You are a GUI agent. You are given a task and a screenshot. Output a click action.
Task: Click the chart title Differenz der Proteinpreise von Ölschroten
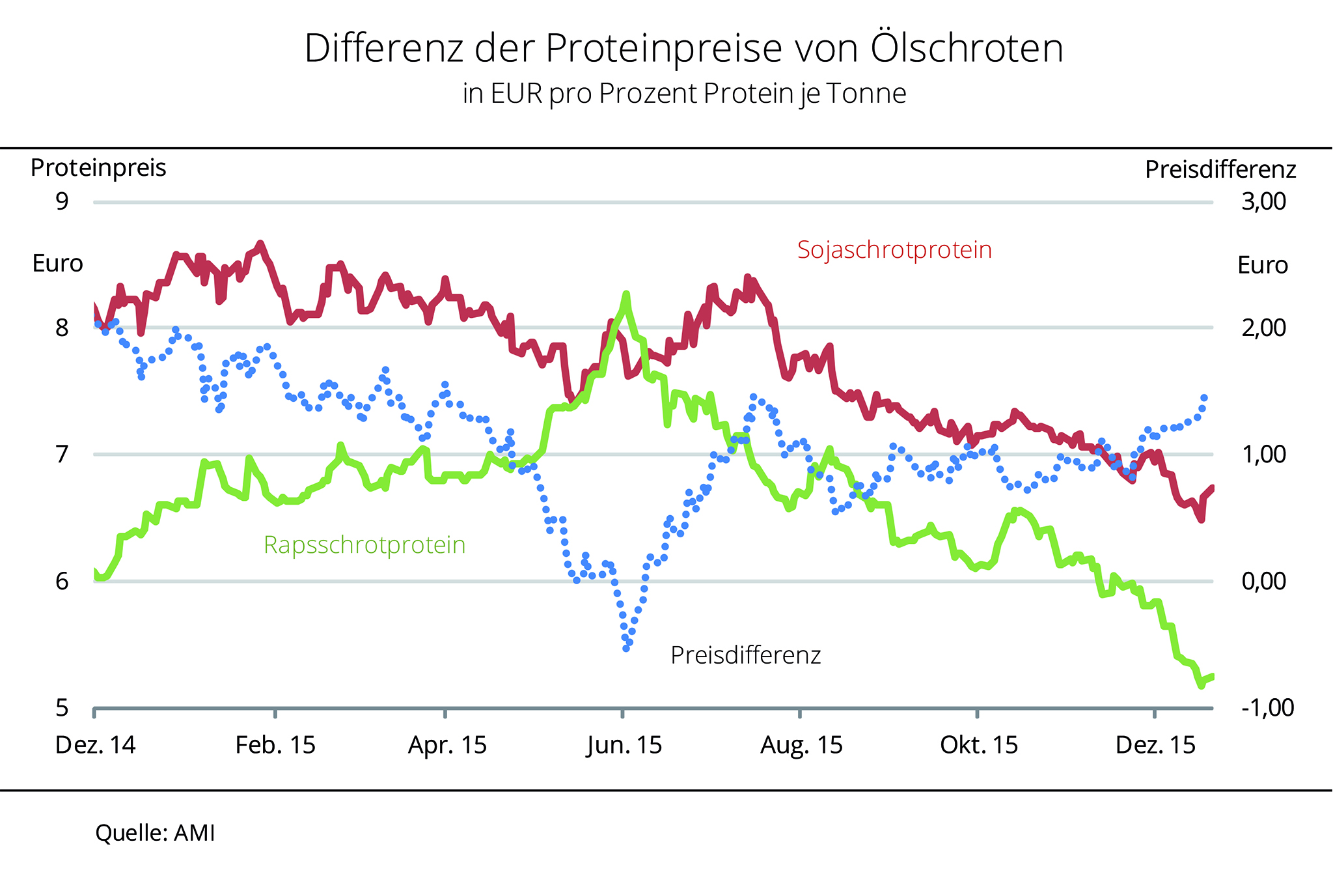[x=683, y=48]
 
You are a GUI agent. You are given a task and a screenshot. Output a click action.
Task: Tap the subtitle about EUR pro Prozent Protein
[x=684, y=94]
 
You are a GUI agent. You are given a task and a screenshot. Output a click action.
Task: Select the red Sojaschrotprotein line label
[x=894, y=250]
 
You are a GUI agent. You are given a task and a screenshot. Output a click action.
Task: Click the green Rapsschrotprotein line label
[x=364, y=545]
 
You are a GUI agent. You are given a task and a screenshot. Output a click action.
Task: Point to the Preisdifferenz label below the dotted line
[x=746, y=655]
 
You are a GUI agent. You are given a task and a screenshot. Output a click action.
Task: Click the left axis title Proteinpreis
[x=98, y=169]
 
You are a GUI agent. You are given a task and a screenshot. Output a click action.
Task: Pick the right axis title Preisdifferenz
[x=1220, y=170]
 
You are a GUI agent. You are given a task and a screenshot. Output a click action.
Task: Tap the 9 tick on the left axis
[x=62, y=202]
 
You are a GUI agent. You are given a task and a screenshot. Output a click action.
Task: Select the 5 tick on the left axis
[x=62, y=707]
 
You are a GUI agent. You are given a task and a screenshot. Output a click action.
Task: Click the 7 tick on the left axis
[x=62, y=454]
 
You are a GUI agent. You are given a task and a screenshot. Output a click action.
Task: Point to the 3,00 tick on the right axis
[x=1263, y=202]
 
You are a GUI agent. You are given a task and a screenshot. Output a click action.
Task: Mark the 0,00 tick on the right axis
[x=1263, y=581]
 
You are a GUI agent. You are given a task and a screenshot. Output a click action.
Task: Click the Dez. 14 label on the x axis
[x=96, y=745]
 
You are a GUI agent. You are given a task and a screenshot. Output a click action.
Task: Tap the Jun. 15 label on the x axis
[x=624, y=745]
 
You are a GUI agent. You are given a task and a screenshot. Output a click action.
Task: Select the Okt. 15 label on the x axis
[x=978, y=745]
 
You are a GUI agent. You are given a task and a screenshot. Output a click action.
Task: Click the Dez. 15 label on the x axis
[x=1155, y=745]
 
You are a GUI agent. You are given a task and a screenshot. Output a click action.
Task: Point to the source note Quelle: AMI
[x=155, y=834]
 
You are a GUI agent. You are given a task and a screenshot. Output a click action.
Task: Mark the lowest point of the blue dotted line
[x=626, y=648]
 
